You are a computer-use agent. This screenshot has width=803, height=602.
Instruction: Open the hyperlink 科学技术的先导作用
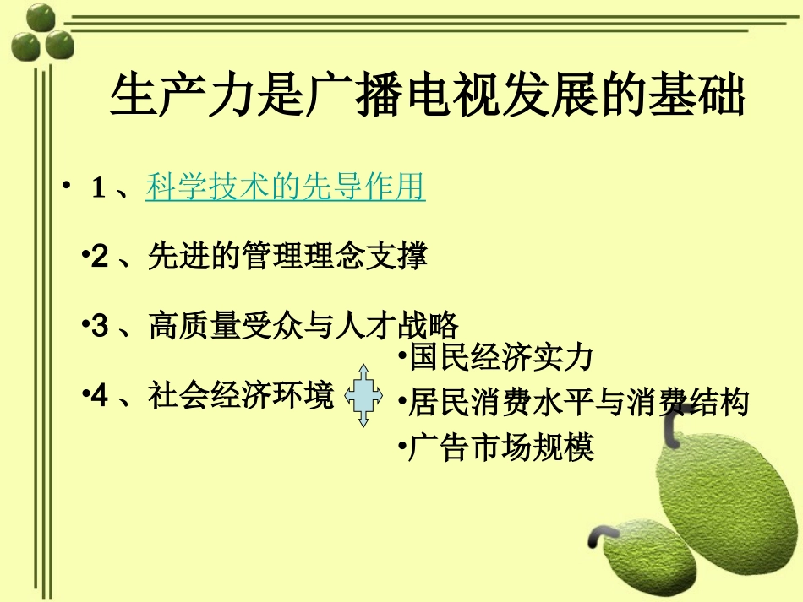click(286, 187)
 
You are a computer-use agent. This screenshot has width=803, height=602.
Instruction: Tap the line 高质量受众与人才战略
click(303, 325)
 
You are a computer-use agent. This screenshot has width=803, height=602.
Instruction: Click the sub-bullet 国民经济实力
click(501, 358)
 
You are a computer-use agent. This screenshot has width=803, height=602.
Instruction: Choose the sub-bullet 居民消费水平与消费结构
click(578, 403)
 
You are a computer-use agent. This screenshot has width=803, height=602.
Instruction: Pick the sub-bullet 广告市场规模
click(501, 447)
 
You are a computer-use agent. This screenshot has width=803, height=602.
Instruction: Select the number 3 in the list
click(101, 326)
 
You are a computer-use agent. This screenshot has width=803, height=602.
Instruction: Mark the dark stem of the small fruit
click(599, 533)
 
